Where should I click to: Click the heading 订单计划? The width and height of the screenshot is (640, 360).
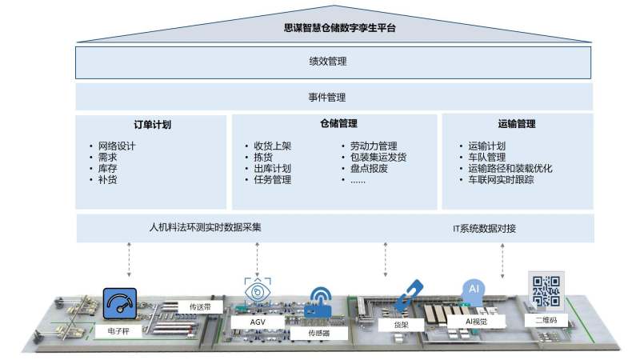click(x=152, y=125)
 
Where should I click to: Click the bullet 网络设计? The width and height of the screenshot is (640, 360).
click(x=117, y=146)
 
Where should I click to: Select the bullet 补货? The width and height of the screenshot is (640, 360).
click(x=107, y=180)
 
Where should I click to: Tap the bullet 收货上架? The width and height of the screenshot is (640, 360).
click(x=273, y=146)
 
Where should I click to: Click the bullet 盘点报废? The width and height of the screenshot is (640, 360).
click(x=369, y=169)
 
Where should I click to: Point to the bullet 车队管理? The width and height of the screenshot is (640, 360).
click(x=487, y=158)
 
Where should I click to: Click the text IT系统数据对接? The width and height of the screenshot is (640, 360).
click(x=484, y=229)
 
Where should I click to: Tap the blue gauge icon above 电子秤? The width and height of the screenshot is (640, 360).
click(x=120, y=305)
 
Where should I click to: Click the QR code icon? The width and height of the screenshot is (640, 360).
click(x=546, y=292)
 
